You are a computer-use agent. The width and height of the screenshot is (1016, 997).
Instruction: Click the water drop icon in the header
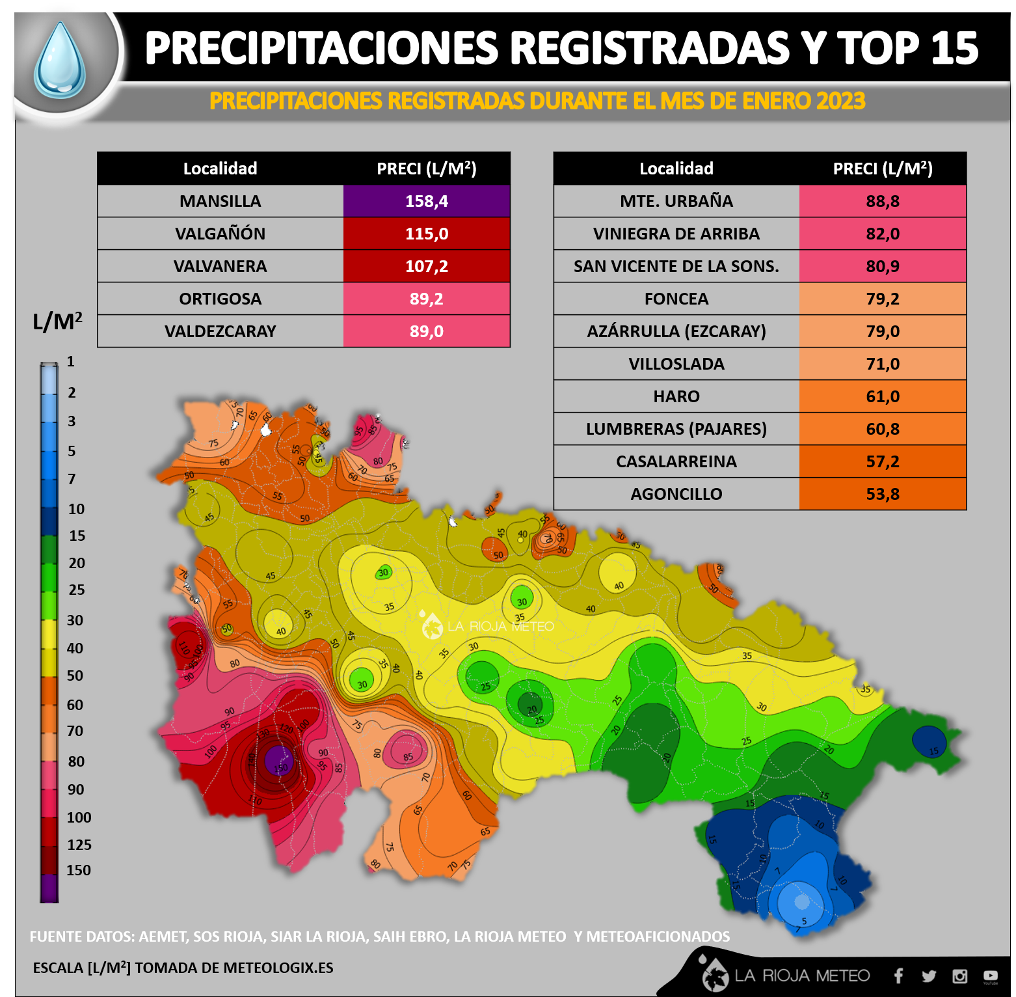click(60, 60)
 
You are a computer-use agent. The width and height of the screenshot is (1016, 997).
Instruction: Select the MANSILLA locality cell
click(220, 201)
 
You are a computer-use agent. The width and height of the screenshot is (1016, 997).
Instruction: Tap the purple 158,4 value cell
click(427, 201)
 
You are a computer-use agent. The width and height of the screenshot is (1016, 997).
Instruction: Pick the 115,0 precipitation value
click(427, 234)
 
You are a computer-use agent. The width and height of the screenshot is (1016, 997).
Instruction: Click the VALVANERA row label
click(220, 266)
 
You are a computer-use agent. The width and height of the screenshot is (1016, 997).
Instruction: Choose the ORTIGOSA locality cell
click(220, 299)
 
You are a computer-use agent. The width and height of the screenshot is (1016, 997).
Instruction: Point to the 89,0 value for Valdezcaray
click(427, 331)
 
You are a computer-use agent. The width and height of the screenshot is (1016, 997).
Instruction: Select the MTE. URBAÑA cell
click(676, 201)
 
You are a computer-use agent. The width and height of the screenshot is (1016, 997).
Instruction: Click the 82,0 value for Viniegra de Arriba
click(883, 234)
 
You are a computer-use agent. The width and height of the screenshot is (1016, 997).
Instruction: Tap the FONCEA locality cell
click(676, 299)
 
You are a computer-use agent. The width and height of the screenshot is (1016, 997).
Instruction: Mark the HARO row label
click(676, 396)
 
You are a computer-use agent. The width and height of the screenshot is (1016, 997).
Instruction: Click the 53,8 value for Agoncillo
click(883, 494)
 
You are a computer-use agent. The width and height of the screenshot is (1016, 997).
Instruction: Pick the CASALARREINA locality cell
click(676, 461)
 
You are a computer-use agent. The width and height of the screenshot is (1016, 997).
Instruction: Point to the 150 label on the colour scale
click(79, 870)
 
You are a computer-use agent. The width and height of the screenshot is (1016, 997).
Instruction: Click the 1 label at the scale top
click(71, 362)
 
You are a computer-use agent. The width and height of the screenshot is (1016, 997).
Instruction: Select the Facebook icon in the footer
click(898, 976)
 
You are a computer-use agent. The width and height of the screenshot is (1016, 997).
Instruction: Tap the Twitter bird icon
click(929, 976)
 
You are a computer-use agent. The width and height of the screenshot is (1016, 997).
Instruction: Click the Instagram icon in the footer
click(959, 976)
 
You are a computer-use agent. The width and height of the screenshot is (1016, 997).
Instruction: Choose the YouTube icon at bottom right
click(990, 976)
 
